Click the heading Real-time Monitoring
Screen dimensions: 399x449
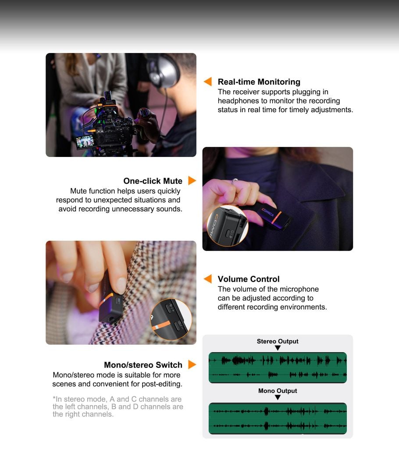click(x=259, y=82)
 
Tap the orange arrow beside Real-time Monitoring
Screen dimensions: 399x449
click(x=208, y=82)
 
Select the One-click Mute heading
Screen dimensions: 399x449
click(x=153, y=181)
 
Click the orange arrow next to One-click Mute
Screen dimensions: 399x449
click(x=192, y=181)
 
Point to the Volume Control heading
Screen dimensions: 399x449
click(x=249, y=279)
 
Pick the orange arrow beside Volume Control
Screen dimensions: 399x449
click(x=208, y=278)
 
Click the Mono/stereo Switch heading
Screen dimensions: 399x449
click(x=143, y=365)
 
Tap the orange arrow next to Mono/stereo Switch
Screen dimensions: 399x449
click(x=192, y=364)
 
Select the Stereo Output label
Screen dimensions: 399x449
click(x=278, y=341)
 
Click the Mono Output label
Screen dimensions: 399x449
click(x=278, y=391)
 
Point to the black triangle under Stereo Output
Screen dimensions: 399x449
click(x=278, y=348)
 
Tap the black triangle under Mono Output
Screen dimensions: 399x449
click(x=278, y=397)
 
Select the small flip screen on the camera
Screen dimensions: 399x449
click(x=85, y=142)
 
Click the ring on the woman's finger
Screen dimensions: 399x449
click(x=235, y=181)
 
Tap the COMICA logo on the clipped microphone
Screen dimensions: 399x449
click(x=268, y=213)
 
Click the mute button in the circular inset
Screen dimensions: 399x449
click(x=228, y=233)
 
